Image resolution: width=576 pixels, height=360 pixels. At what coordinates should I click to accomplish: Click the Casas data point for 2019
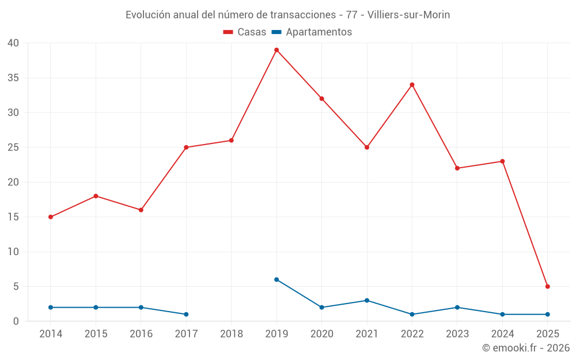pos(276,50)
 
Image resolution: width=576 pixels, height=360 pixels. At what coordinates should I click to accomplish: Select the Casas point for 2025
pos(547,286)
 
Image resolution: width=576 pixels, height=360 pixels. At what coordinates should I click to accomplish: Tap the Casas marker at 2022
pos(412,85)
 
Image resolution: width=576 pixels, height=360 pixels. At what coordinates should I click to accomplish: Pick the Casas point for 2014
pos(51,217)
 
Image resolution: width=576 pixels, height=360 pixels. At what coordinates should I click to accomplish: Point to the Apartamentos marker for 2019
pos(276,279)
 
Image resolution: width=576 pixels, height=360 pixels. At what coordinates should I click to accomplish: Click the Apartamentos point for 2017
pos(186,314)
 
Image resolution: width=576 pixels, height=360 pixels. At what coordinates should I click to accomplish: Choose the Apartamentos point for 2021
pos(367,301)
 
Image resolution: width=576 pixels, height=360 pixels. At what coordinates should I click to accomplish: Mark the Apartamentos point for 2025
pos(547,314)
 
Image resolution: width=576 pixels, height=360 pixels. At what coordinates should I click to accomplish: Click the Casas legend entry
pos(245,32)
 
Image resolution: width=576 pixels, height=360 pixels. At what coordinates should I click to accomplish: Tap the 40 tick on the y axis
pos(13,43)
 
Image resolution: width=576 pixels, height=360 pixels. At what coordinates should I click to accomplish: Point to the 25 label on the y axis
pos(13,147)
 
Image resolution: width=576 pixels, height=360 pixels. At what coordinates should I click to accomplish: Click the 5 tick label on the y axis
pos(16,287)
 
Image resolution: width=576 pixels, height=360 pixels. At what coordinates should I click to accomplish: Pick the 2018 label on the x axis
pos(232,334)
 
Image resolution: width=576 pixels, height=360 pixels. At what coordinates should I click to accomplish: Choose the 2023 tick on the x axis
pos(457,334)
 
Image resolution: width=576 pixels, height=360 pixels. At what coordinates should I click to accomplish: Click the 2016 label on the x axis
pos(141,334)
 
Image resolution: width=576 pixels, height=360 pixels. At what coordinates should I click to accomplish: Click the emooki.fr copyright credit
pos(525,348)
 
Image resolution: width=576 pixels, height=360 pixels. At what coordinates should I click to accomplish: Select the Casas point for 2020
pos(321,98)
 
